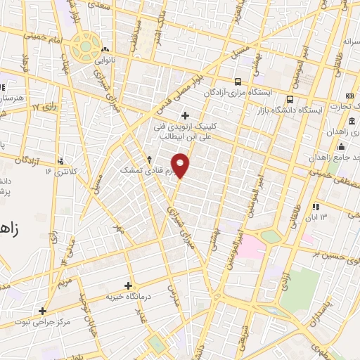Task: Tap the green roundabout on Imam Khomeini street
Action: [85, 46]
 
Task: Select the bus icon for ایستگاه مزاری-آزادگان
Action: [239, 81]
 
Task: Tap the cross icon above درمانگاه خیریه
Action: [128, 285]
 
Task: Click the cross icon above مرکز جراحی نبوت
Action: [42, 310]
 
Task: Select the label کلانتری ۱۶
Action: [59, 171]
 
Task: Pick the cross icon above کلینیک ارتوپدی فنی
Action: [185, 115]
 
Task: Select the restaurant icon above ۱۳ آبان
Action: [316, 206]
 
